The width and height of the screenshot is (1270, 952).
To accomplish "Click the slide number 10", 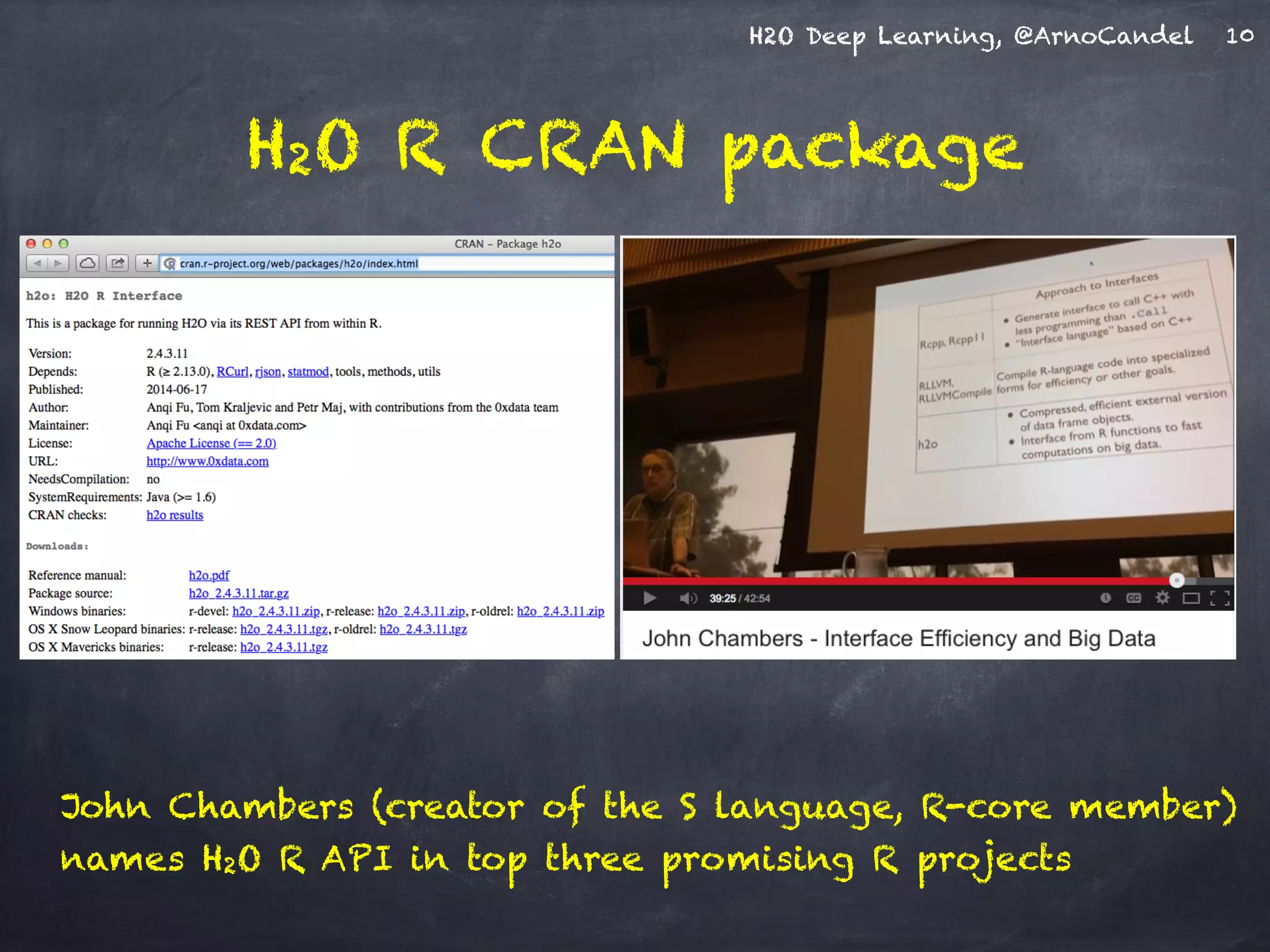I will [1240, 35].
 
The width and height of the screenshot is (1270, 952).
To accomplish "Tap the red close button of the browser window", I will [31, 244].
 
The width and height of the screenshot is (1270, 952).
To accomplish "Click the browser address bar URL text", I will [299, 263].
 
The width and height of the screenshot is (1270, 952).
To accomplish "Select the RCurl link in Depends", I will [232, 371].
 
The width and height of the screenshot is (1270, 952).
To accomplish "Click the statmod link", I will [308, 371].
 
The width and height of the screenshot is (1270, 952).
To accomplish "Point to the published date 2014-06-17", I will [177, 389].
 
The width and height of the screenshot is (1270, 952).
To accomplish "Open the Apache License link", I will [211, 443].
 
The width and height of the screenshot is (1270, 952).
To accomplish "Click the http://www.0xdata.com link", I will [207, 461].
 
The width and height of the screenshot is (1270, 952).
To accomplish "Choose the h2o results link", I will [174, 515].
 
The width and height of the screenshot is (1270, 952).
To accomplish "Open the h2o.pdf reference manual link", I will [209, 575].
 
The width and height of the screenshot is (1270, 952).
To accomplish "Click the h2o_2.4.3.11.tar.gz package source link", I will [239, 593].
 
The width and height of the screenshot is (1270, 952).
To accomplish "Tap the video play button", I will [649, 598].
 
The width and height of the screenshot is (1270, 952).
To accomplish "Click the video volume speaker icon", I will [687, 598].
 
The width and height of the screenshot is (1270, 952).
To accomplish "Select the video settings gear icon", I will [1162, 597].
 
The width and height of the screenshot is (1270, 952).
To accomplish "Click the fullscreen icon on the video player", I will [1219, 598].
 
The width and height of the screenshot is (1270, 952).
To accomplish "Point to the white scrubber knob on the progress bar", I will [1176, 580].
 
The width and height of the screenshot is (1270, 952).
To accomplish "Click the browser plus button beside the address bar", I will [147, 263].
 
